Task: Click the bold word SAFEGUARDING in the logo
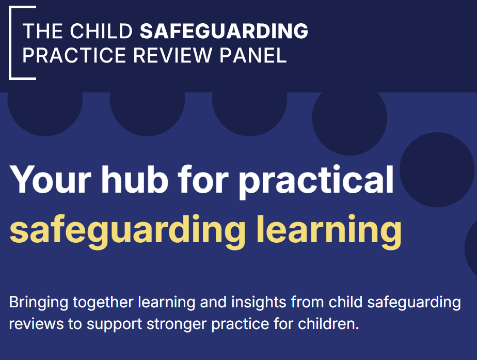tap(224, 31)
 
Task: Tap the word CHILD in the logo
tap(101, 31)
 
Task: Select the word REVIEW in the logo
tap(172, 55)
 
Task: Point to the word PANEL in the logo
tap(253, 55)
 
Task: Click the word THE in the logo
tap(42, 31)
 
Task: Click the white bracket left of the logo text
tap(10, 42)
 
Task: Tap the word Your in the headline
tap(51, 180)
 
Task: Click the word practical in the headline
tap(316, 181)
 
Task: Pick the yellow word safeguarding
tap(128, 231)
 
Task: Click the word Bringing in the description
tap(39, 303)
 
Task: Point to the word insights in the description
tap(259, 302)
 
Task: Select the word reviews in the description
tap(36, 324)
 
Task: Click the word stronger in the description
tap(177, 325)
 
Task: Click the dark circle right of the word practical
tap(437, 170)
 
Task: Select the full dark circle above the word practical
tap(349, 118)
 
